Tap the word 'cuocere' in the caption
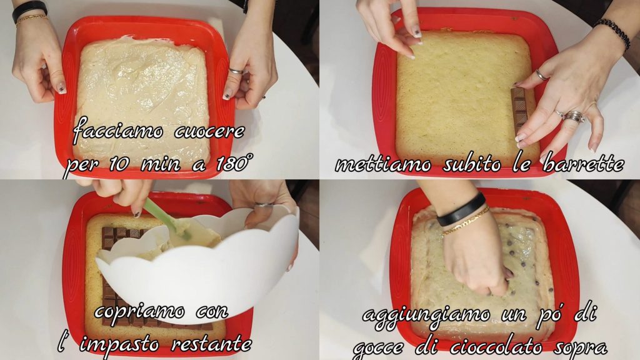coord(210,131)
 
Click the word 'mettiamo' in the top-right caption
coord(383,164)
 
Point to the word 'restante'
coord(211,344)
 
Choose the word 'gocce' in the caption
coord(378,348)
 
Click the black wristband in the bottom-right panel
coord(461,209)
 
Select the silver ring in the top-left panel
coord(236,71)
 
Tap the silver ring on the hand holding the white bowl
coord(264,204)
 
